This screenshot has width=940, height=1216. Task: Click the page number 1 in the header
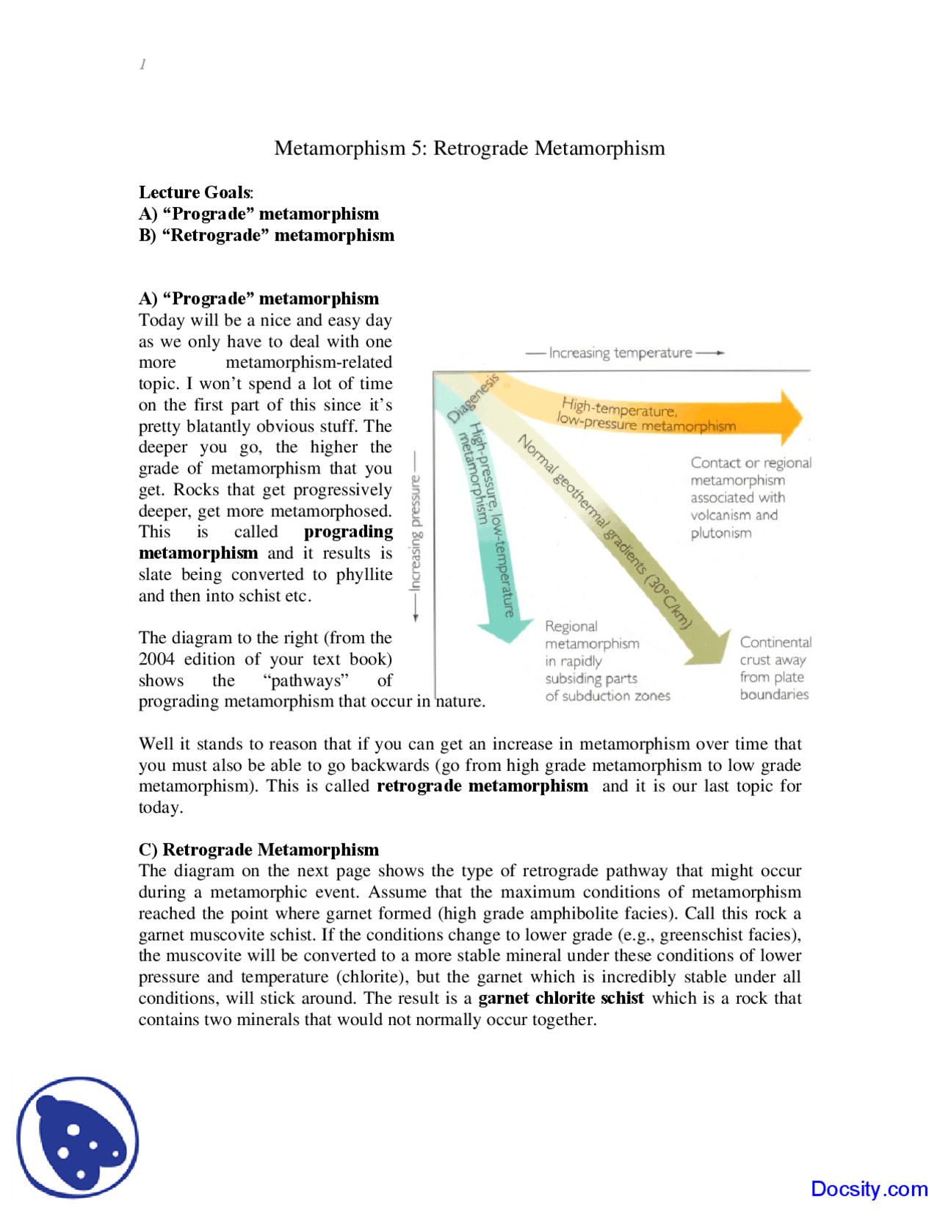pos(142,65)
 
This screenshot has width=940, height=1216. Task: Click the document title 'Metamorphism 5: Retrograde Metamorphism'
pos(469,148)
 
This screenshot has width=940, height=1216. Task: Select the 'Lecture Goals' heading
pos(195,192)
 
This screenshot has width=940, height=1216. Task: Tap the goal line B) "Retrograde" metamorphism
pos(267,236)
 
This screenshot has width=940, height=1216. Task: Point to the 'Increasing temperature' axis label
pos(621,353)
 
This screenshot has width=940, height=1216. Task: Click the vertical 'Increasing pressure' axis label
pos(416,533)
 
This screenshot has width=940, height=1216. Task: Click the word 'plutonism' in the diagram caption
pos(720,533)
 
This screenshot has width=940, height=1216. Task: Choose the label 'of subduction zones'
pos(607,696)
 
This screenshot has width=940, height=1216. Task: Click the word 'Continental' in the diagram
pos(775,643)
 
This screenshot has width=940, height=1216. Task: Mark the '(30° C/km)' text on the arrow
pos(668,601)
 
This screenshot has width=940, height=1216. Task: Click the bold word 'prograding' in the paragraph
pos(348,532)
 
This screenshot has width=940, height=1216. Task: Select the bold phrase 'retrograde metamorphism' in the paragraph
pos(482,786)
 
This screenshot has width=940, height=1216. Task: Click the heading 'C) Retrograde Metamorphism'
pos(258,850)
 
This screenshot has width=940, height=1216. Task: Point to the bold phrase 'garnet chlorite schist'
pos(561,999)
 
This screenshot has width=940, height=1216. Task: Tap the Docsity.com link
pos(869,1189)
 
